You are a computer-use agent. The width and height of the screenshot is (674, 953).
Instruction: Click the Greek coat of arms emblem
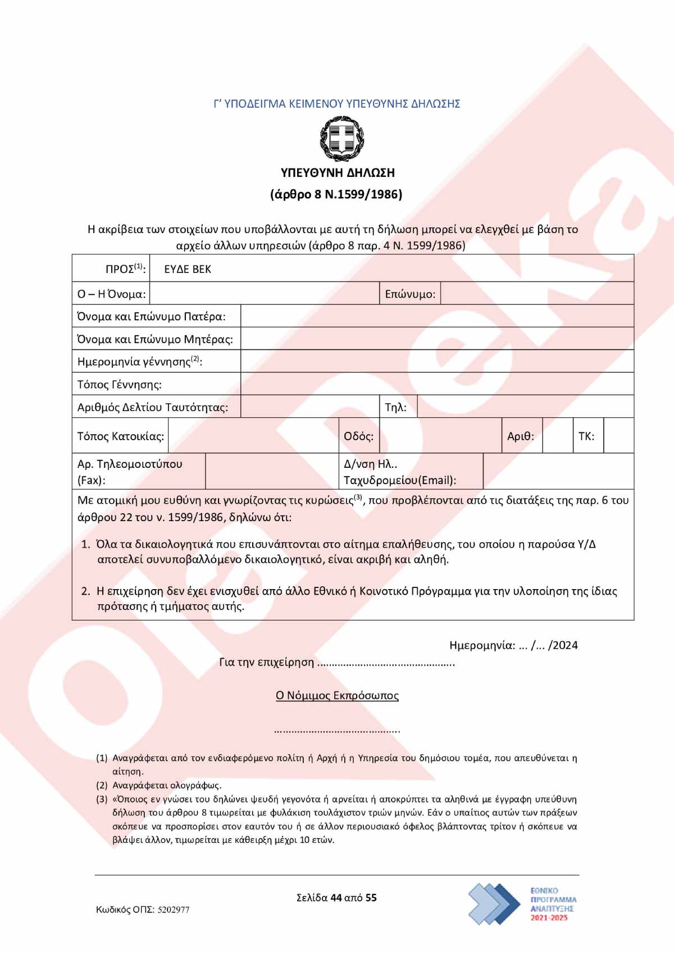[x=342, y=138]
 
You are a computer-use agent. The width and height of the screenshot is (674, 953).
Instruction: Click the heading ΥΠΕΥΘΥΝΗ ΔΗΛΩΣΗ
[x=338, y=173]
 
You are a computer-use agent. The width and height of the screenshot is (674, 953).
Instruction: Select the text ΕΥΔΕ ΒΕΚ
[x=188, y=269]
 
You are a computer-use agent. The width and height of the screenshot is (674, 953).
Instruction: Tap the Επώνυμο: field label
[x=410, y=294]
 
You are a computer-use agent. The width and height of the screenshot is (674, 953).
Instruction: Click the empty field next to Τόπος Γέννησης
[x=437, y=384]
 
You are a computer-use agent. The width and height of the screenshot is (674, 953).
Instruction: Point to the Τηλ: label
[x=395, y=407]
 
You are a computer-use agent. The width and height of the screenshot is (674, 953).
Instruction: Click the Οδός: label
[x=358, y=436]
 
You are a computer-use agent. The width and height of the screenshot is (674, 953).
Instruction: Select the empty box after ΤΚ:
[x=618, y=436]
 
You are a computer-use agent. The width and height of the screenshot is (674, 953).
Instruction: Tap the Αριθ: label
[x=521, y=436]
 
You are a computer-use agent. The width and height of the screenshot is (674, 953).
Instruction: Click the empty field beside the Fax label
[x=272, y=471]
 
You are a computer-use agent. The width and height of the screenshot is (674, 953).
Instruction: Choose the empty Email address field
[x=558, y=471]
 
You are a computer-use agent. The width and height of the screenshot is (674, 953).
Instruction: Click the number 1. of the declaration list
[x=86, y=544]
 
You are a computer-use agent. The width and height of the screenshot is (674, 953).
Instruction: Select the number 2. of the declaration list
[x=86, y=591]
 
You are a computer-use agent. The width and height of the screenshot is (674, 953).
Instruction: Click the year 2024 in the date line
[x=565, y=645]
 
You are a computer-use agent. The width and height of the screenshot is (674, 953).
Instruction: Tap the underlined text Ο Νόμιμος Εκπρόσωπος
[x=337, y=696]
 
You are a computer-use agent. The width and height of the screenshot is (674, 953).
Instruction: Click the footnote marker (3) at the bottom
[x=102, y=799]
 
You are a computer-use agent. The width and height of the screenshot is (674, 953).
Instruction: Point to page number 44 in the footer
[x=336, y=897]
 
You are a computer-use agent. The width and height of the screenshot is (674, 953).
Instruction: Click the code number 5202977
[x=174, y=910]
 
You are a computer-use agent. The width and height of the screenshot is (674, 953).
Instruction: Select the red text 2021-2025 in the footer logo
[x=549, y=918]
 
